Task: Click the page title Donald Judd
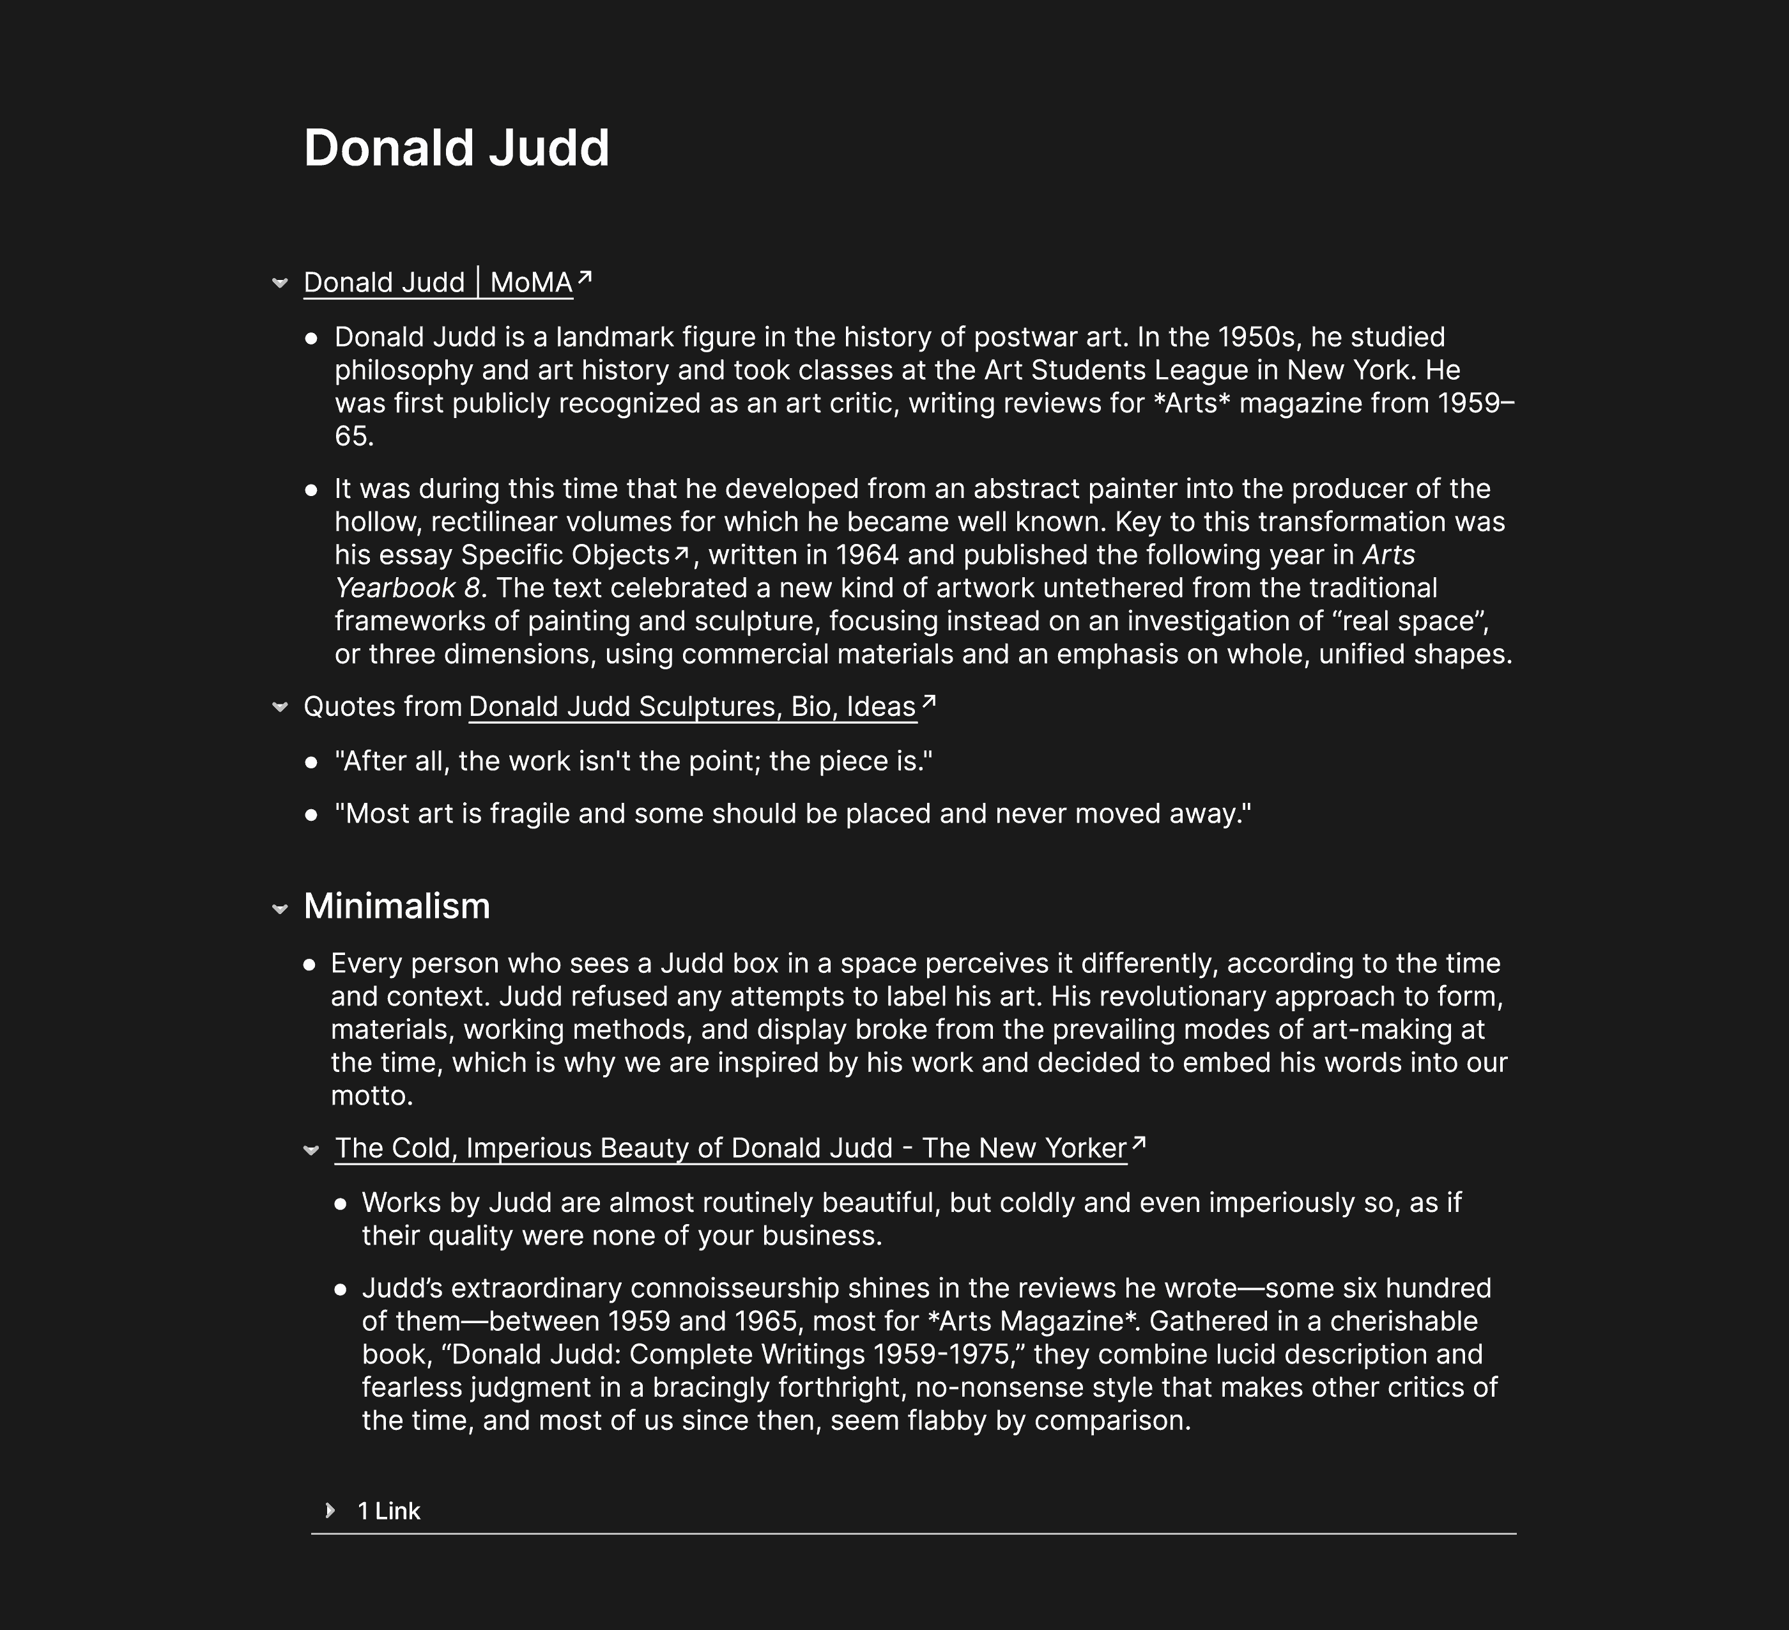coord(456,148)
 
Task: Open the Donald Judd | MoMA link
coord(438,283)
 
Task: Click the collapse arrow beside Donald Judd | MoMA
coord(280,283)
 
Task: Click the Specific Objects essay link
coord(564,555)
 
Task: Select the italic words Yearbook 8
coord(408,587)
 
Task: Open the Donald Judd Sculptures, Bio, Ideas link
coord(691,707)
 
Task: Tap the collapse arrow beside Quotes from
coord(280,708)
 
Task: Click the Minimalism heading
coord(397,906)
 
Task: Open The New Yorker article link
coord(730,1148)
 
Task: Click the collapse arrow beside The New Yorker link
coord(311,1150)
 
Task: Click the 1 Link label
coord(388,1511)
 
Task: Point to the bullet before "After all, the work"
coord(311,762)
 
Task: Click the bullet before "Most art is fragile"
coord(311,814)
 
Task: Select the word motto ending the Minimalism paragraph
coord(371,1096)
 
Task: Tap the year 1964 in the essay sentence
coord(867,555)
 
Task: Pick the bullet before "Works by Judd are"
coord(341,1204)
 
